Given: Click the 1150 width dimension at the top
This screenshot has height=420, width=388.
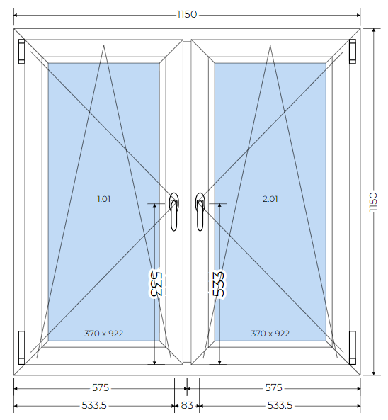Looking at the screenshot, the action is point(187,14).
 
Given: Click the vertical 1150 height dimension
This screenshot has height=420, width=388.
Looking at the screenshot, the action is point(373,202).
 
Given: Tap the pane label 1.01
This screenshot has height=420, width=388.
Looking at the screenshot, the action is point(103,199).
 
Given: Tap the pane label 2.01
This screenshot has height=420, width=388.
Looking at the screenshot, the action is point(270,199).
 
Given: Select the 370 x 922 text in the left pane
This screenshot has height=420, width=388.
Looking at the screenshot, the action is point(104,334).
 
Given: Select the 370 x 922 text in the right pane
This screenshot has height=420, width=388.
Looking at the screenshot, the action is point(270,334).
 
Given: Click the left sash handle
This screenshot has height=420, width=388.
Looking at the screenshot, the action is point(174,212).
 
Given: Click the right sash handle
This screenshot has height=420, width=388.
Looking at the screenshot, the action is point(200,212).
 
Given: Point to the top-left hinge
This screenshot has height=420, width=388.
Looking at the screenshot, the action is point(22,52).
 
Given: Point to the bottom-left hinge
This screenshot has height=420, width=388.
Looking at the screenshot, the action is point(22,348).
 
